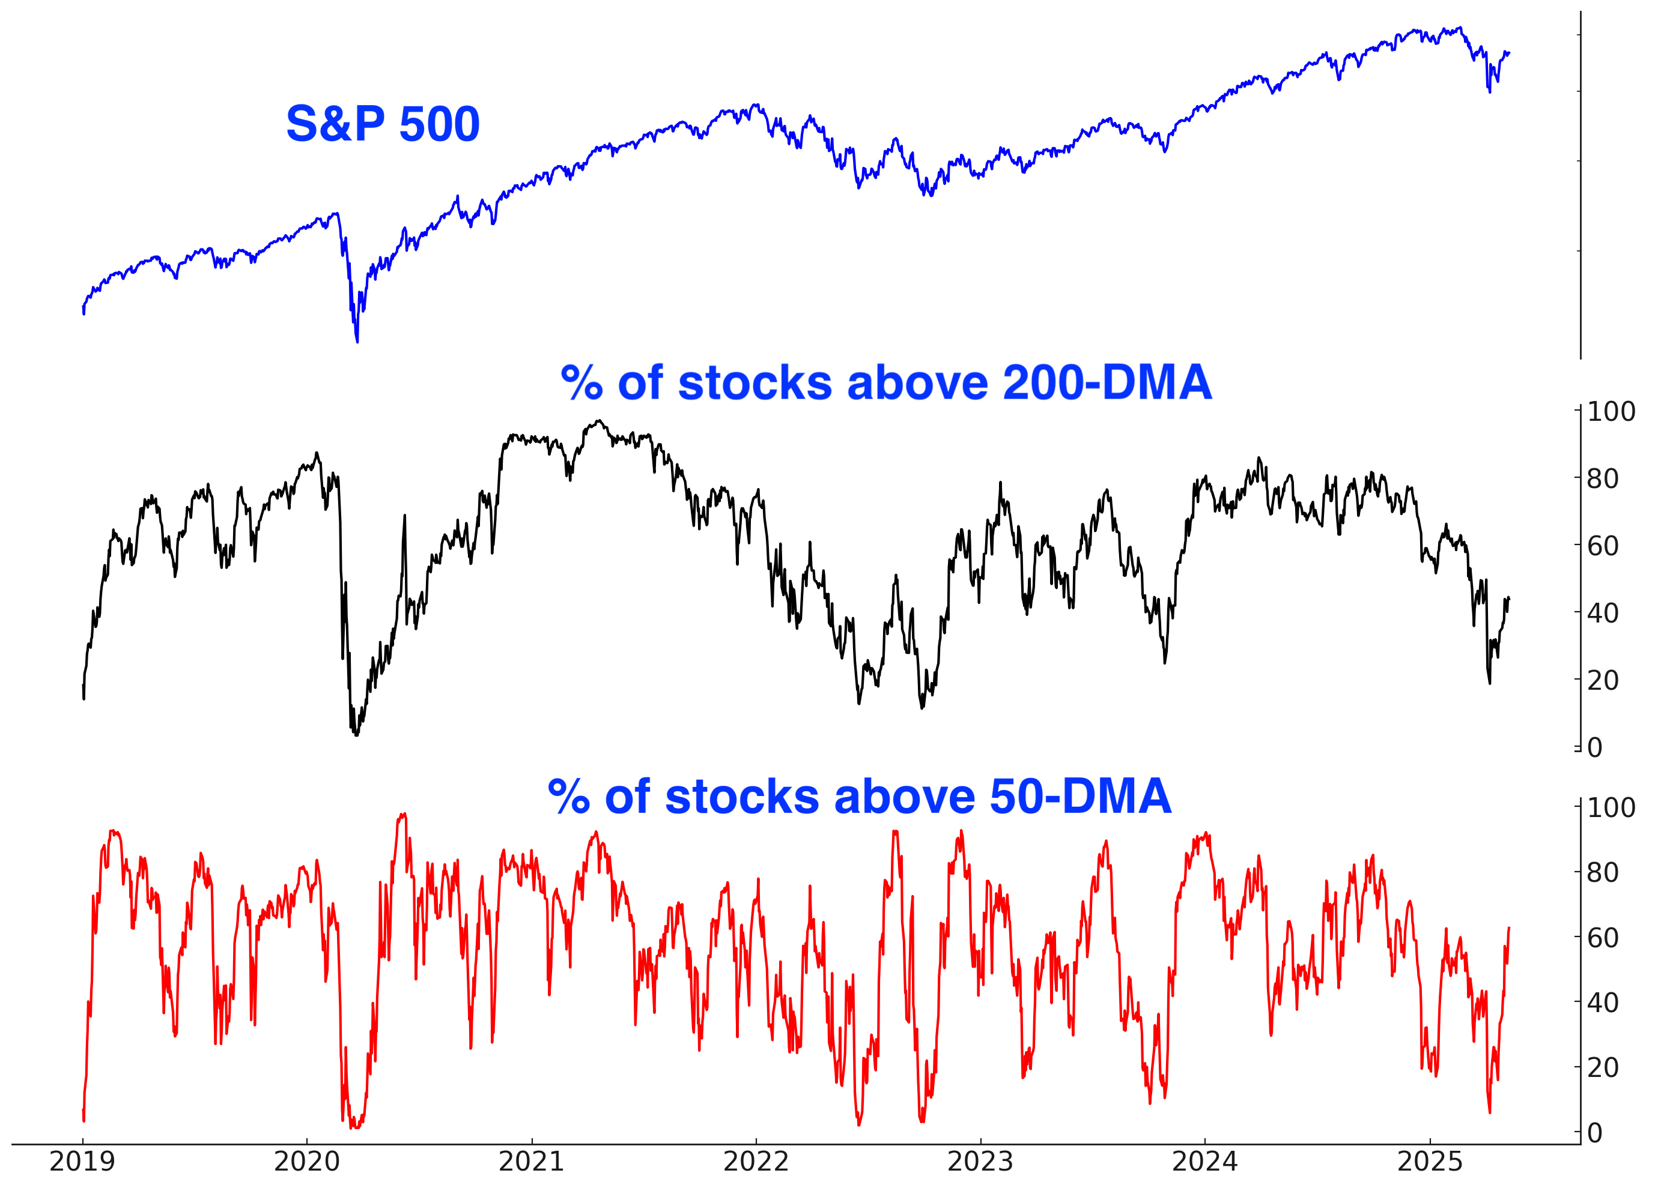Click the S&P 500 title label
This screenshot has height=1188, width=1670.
[x=382, y=124]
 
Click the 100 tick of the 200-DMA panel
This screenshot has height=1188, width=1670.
[x=1611, y=412]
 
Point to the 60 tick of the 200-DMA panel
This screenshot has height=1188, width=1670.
[x=1603, y=546]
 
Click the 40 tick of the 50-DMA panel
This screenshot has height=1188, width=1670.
[x=1603, y=1003]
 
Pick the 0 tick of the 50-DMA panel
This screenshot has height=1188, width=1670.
[x=1595, y=1133]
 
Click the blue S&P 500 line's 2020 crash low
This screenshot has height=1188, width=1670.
[x=357, y=341]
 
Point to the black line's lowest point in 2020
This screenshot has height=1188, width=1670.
[x=356, y=734]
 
